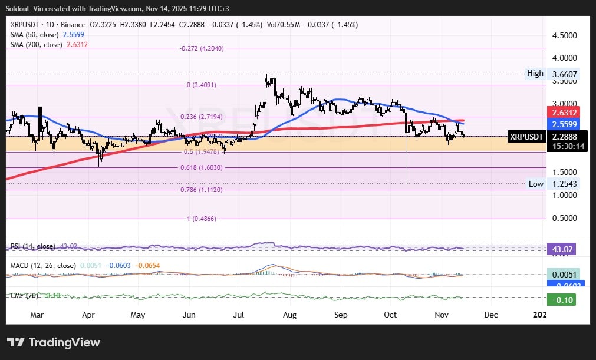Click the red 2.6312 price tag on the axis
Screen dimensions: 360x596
pyautogui.click(x=563, y=113)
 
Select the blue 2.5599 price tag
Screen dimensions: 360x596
pyautogui.click(x=563, y=124)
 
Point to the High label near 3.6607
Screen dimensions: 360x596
pyautogui.click(x=535, y=74)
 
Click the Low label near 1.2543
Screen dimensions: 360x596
pyautogui.click(x=536, y=184)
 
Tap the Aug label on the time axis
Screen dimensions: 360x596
pyautogui.click(x=289, y=315)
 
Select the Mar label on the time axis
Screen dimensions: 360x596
pyautogui.click(x=37, y=315)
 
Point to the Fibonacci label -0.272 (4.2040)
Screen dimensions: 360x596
pyautogui.click(x=201, y=49)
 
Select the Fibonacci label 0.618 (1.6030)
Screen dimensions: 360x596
pyautogui.click(x=201, y=168)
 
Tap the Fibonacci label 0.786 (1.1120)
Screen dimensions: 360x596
pyautogui.click(x=201, y=190)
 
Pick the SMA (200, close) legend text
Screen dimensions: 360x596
pyautogui.click(x=36, y=45)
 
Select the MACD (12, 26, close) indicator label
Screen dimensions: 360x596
pyautogui.click(x=43, y=266)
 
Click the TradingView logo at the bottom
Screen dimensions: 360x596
pyautogui.click(x=54, y=342)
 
